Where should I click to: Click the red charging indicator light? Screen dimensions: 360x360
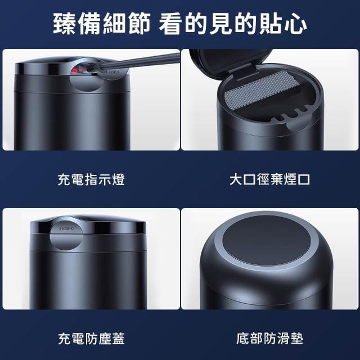(74, 71)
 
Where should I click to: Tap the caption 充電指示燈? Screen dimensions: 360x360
(91, 179)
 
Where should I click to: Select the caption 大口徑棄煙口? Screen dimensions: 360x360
(270, 179)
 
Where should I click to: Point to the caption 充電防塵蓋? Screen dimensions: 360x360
(91, 339)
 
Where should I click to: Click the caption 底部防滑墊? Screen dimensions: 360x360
(270, 339)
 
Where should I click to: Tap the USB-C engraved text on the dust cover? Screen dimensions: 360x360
(66, 229)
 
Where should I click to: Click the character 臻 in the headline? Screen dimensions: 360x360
(65, 24)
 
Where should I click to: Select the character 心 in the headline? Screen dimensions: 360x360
(295, 24)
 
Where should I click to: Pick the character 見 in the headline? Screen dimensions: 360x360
(220, 24)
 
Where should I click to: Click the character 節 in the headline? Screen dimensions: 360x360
(139, 24)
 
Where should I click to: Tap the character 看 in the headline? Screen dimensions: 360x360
(170, 24)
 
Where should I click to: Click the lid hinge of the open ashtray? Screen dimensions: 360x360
(244, 73)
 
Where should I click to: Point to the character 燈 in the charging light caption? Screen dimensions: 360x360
(119, 179)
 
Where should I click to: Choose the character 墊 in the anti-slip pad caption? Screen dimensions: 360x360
(297, 339)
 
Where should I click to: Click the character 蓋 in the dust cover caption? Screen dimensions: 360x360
(119, 339)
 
